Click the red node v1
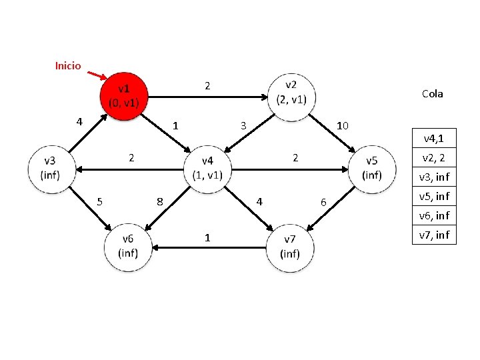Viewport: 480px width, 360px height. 124,96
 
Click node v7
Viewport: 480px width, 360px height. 291,247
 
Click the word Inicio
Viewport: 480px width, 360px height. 67,65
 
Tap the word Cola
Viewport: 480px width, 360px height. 432,94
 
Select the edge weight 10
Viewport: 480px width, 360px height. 343,126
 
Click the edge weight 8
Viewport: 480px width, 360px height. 160,201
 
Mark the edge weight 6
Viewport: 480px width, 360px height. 323,202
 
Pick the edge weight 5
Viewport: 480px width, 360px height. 99,201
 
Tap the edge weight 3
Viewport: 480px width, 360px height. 244,126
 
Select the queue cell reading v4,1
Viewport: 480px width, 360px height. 434,138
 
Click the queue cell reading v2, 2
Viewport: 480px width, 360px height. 434,157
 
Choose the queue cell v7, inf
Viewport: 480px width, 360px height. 434,235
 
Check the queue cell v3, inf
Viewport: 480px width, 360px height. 434,177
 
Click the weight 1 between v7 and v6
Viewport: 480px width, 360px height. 208,237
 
